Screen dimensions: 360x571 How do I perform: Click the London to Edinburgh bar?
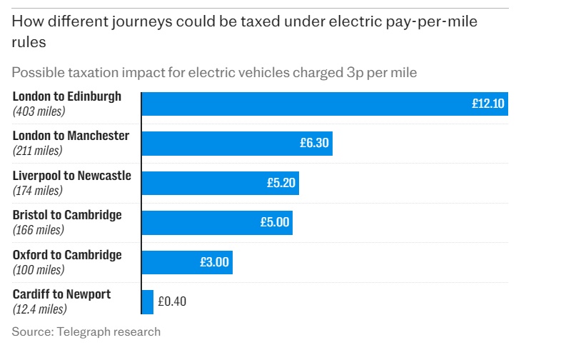coord(324,104)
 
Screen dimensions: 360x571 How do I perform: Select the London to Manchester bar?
coord(236,144)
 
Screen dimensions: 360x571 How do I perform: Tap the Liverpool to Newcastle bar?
coord(220,183)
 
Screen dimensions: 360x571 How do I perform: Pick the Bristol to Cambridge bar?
coord(216,223)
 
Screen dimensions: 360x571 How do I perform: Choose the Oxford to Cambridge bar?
coord(186,262)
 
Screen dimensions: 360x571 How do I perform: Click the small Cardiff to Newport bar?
coord(148,302)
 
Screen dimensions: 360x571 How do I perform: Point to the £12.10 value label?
coord(487,104)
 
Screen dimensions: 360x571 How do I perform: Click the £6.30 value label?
coord(314,144)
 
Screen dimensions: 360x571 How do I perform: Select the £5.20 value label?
coord(281,183)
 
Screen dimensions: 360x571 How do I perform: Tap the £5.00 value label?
coord(275,223)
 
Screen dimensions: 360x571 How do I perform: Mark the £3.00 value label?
coord(214,262)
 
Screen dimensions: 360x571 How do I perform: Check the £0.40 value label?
coord(171,302)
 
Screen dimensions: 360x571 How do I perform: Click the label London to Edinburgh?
coord(67,96)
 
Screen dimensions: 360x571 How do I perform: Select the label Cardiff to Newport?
coord(61,294)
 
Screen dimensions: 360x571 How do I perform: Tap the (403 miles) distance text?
coord(39,111)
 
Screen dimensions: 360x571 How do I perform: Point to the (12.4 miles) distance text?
coord(40,309)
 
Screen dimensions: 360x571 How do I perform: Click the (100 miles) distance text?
coord(39,270)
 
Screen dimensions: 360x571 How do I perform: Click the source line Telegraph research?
coord(86,331)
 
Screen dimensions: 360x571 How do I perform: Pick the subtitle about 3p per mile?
coord(214,72)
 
